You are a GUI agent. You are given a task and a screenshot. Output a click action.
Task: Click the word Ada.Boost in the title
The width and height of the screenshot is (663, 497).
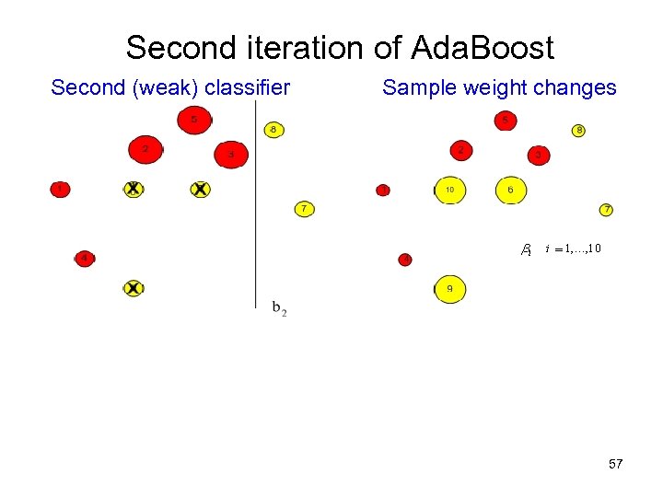[482, 47]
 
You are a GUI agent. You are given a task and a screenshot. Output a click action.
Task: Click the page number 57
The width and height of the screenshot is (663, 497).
[616, 464]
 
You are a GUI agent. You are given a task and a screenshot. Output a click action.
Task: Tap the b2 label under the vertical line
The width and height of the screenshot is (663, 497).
[279, 308]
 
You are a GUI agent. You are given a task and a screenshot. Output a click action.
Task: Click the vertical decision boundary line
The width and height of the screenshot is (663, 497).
[255, 202]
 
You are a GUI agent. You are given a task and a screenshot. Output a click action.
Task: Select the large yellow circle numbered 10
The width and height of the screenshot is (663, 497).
[449, 190]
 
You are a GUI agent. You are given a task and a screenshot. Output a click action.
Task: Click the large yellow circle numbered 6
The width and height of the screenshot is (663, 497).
[511, 190]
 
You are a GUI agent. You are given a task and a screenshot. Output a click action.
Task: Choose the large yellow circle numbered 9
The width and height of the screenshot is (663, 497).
[449, 289]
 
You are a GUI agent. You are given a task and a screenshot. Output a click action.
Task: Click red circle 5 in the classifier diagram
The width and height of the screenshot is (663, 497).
[193, 120]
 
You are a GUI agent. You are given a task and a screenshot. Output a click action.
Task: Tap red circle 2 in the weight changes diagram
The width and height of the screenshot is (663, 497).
[460, 149]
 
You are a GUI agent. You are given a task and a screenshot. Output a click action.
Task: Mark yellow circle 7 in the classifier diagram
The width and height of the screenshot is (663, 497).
[304, 209]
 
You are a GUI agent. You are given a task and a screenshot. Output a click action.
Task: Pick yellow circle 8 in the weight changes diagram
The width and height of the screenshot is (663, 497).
[578, 131]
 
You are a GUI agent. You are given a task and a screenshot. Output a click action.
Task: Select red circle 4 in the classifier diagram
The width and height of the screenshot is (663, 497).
[85, 259]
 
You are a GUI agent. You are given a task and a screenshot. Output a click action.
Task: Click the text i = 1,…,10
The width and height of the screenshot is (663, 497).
[574, 248]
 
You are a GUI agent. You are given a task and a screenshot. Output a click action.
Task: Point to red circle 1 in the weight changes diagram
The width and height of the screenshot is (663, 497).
[383, 191]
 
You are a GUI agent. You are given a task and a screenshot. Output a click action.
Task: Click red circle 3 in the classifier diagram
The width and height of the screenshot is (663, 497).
[231, 156]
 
